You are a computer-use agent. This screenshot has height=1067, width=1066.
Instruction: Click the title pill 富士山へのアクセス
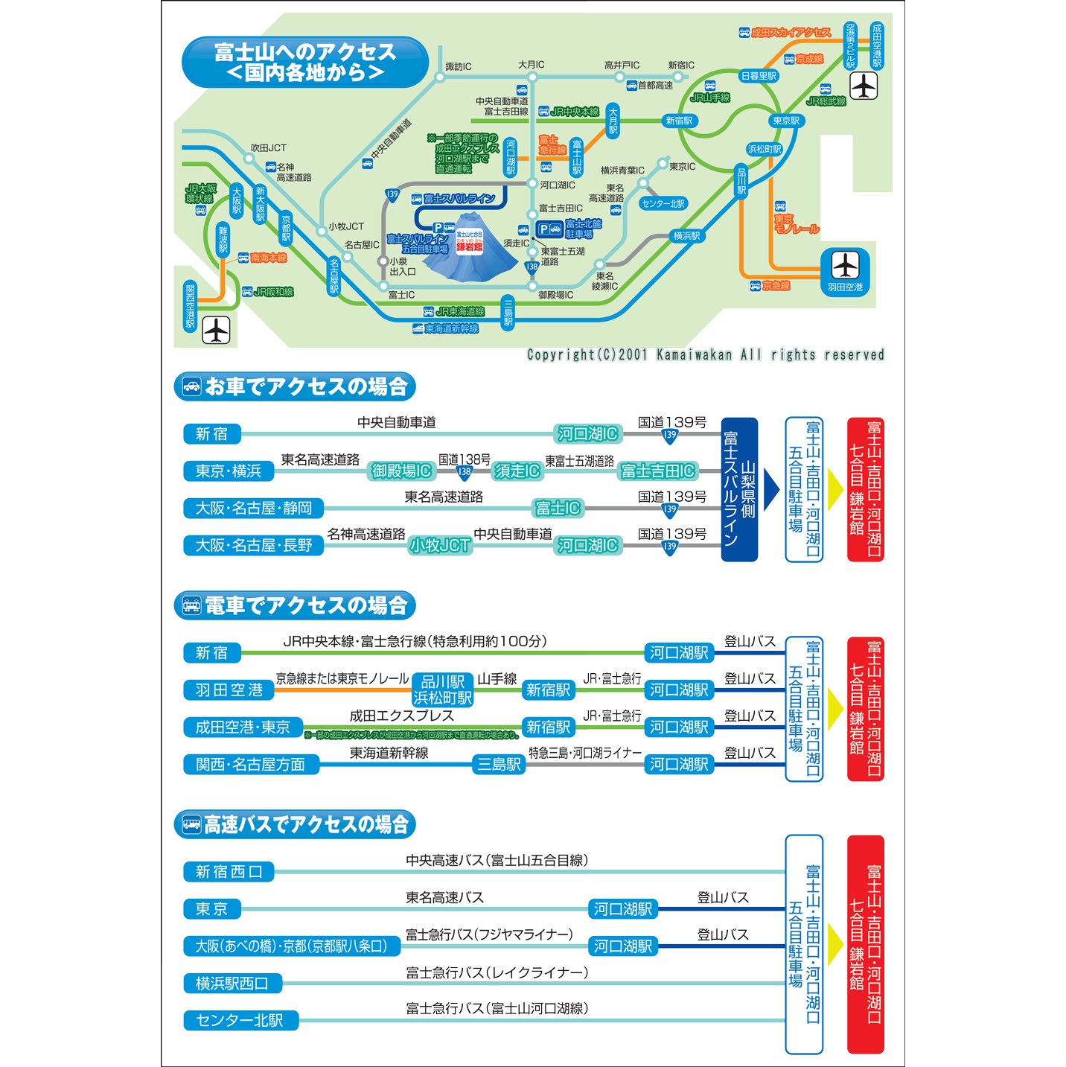click(305, 63)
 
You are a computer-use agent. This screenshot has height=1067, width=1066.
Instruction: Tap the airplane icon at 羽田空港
click(845, 265)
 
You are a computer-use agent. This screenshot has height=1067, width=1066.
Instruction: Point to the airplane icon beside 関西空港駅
click(217, 330)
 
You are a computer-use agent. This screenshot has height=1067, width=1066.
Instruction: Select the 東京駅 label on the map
click(785, 121)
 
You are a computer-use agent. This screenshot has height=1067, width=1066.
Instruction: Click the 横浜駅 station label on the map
click(686, 236)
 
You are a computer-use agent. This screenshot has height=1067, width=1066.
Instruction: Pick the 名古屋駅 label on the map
click(334, 276)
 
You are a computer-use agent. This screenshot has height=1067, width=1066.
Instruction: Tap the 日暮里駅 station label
click(759, 76)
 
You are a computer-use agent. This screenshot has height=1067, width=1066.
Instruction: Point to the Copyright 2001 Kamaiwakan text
click(705, 355)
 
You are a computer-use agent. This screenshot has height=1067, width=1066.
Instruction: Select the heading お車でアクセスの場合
click(295, 386)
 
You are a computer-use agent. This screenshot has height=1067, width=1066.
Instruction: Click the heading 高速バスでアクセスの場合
click(295, 824)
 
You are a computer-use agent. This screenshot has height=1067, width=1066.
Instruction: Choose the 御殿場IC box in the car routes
click(401, 471)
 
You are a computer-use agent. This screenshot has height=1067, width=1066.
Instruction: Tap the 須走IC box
click(517, 471)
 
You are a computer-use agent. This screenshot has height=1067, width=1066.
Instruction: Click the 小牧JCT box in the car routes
click(439, 546)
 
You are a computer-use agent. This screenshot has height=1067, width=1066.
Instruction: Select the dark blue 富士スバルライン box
click(739, 489)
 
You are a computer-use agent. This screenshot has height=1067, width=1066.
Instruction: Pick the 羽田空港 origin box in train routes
click(229, 690)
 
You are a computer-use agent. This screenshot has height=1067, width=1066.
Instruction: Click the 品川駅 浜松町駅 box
click(443, 689)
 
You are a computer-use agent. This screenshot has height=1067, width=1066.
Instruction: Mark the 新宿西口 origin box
click(229, 872)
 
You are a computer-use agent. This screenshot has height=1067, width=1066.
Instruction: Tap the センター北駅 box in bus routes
click(240, 1020)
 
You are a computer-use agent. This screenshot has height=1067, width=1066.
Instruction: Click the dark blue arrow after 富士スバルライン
click(770, 489)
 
